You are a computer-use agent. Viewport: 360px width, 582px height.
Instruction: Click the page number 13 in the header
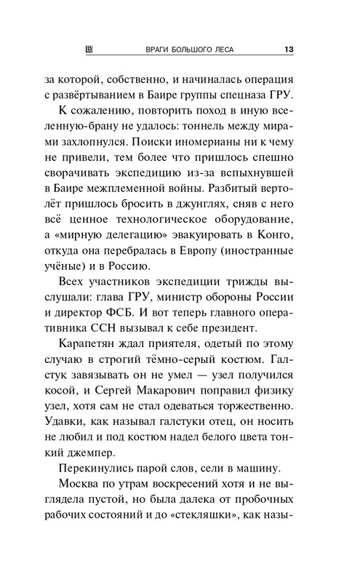click(289, 49)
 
